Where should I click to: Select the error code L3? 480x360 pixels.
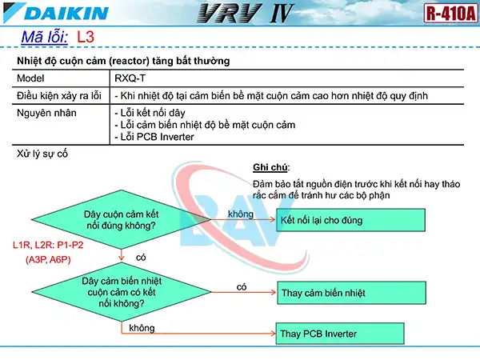tap(86, 38)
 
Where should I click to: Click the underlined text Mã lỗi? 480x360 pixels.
tap(45, 38)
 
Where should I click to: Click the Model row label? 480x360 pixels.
tap(32, 78)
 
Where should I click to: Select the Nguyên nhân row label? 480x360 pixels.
tap(47, 113)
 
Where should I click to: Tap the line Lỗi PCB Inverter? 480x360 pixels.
tap(155, 137)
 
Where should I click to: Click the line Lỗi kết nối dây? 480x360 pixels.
tap(151, 113)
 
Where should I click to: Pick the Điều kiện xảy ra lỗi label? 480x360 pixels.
tap(59, 96)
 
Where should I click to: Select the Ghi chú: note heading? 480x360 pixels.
tap(270, 167)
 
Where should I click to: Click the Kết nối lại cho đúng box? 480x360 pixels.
tap(350, 219)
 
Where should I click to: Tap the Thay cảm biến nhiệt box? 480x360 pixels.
tap(350, 293)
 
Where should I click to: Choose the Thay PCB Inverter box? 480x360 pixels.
tap(350, 333)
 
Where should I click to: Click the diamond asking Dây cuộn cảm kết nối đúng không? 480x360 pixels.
tap(120, 219)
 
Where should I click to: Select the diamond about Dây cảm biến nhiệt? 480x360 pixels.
tap(120, 288)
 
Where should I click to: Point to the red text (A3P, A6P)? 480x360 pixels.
tap(48, 259)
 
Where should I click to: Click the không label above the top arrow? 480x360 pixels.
tap(241, 214)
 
